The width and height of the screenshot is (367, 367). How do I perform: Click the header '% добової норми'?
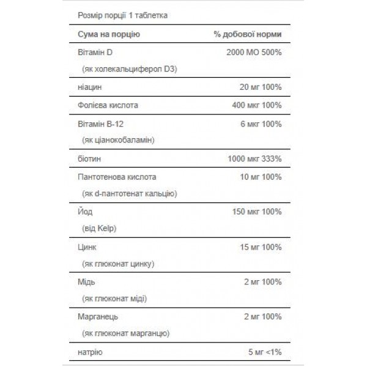[248, 34]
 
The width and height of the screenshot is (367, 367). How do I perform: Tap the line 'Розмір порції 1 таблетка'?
[123, 14]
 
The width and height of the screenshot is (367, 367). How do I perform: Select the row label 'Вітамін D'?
[97, 53]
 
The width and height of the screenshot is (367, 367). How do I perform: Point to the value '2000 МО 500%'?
[254, 53]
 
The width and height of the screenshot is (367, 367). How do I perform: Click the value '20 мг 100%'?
[261, 87]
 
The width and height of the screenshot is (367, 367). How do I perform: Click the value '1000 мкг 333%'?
[255, 159]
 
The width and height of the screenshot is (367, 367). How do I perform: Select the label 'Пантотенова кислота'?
[118, 177]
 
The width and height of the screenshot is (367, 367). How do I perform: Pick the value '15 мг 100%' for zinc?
[261, 247]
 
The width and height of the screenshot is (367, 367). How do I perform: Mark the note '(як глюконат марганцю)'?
[125, 334]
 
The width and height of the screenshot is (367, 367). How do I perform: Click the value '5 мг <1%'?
[264, 352]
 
